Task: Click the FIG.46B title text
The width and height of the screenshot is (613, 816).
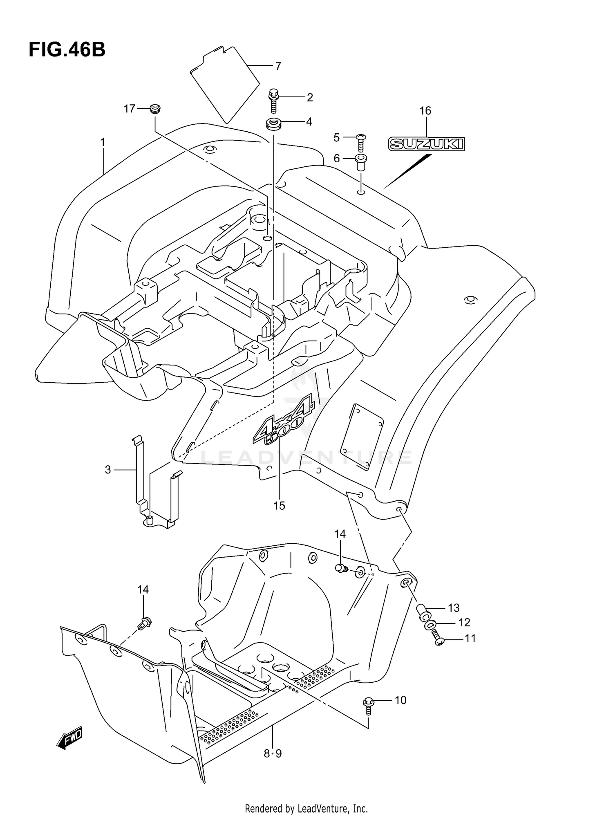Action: coord(67,50)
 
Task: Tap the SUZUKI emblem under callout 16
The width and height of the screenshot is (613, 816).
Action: coord(426,143)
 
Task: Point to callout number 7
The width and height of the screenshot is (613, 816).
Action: coord(278,66)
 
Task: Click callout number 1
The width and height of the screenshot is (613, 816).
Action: coord(103,142)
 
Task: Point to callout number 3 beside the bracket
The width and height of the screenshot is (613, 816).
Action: coord(108,470)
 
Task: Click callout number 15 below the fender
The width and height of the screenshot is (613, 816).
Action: coord(279,506)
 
